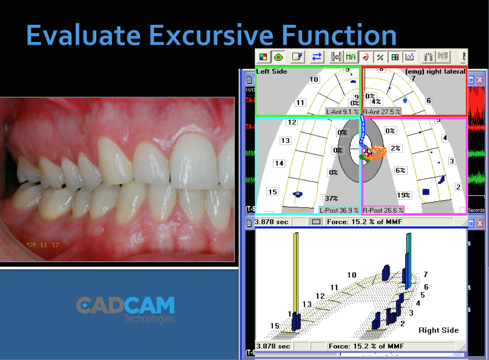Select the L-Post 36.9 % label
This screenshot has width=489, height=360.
tap(339, 210)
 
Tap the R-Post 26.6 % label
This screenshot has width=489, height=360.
tap(383, 210)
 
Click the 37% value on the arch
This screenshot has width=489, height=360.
tap(331, 198)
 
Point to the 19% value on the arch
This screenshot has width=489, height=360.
tap(403, 195)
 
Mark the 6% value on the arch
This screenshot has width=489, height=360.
tap(400, 170)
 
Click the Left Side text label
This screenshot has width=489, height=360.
tap(272, 72)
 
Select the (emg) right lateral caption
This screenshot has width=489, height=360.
tap(435, 72)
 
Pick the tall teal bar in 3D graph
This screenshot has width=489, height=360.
tap(409, 260)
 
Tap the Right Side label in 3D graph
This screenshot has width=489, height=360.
tap(438, 330)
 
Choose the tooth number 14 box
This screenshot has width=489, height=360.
tap(279, 163)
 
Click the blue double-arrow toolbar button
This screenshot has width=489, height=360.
tap(317, 57)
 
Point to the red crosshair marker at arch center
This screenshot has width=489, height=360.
tap(368, 153)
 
